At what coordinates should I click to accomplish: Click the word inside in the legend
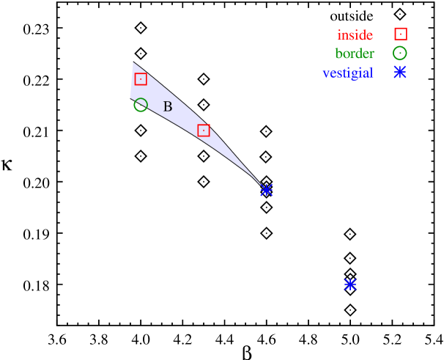pos(355,35)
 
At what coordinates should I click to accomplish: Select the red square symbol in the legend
pos(401,34)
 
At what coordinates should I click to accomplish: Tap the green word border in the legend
pos(355,54)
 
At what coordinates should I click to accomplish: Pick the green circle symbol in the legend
pos(399,54)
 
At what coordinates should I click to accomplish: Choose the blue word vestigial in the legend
pos(347,73)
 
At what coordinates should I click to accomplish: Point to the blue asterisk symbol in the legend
pos(400,72)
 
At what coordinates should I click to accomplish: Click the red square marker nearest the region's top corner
pos(141,79)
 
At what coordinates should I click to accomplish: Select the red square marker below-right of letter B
pos(204,131)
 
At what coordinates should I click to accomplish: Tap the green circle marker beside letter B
pos(141,105)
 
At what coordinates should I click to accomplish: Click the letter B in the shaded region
pos(167,107)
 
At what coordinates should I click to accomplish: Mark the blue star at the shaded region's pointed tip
pos(266,190)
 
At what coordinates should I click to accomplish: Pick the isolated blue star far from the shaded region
pos(350,284)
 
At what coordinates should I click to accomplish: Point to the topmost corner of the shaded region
pos(133,62)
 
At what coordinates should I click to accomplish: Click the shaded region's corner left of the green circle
pos(130,96)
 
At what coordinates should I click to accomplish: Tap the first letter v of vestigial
pos(326,73)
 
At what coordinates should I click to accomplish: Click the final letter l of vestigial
pos(371,73)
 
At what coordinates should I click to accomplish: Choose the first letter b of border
pos(338,54)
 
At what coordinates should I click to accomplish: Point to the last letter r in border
pos(371,55)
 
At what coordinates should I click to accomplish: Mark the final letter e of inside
pos(369,36)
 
